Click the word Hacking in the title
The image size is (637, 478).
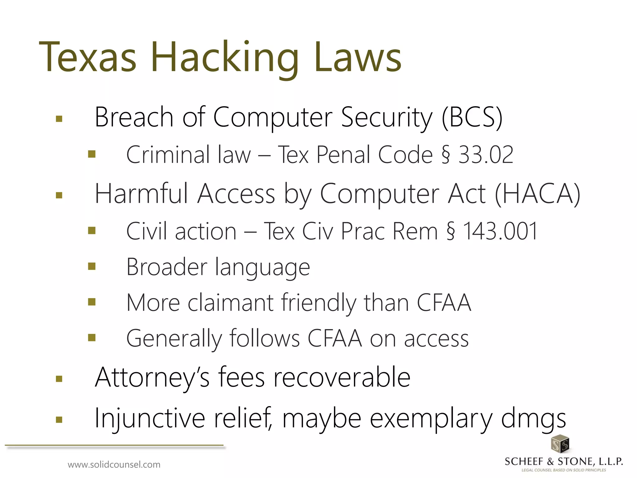(x=225, y=58)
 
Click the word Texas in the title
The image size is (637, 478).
(x=88, y=58)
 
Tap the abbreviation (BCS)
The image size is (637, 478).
(x=472, y=118)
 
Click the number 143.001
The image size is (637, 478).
(x=500, y=231)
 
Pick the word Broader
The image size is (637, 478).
(x=167, y=267)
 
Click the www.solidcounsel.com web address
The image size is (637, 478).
(x=114, y=465)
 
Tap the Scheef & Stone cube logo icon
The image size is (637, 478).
(x=560, y=444)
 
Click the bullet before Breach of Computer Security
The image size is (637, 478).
(x=59, y=119)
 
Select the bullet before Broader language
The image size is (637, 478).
(x=91, y=266)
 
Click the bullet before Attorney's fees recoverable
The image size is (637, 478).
(x=59, y=379)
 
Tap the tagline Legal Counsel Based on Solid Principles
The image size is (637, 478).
(x=564, y=470)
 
